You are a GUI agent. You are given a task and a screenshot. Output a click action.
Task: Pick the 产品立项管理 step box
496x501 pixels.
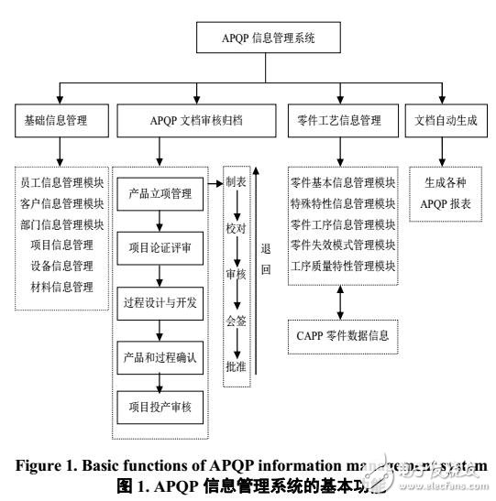click(161, 193)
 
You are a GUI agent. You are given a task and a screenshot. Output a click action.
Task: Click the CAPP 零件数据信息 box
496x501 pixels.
click(343, 336)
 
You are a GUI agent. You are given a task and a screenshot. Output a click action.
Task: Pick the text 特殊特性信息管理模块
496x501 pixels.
click(343, 203)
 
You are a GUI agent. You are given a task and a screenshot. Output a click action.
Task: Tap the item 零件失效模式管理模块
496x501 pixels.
click(343, 245)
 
